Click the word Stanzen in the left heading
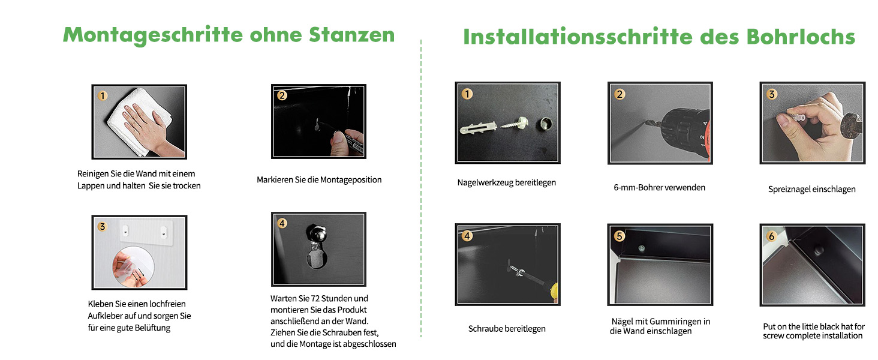point(351,35)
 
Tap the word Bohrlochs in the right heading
point(801,37)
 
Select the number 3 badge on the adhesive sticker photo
point(103,227)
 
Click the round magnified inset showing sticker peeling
point(133,267)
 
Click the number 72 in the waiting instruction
point(315,298)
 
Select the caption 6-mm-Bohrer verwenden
point(659,187)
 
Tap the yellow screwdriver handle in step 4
point(553,292)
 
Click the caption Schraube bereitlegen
point(507,329)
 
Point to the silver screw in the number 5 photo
point(641,248)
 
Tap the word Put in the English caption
point(769,326)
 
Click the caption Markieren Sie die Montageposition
point(319,180)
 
